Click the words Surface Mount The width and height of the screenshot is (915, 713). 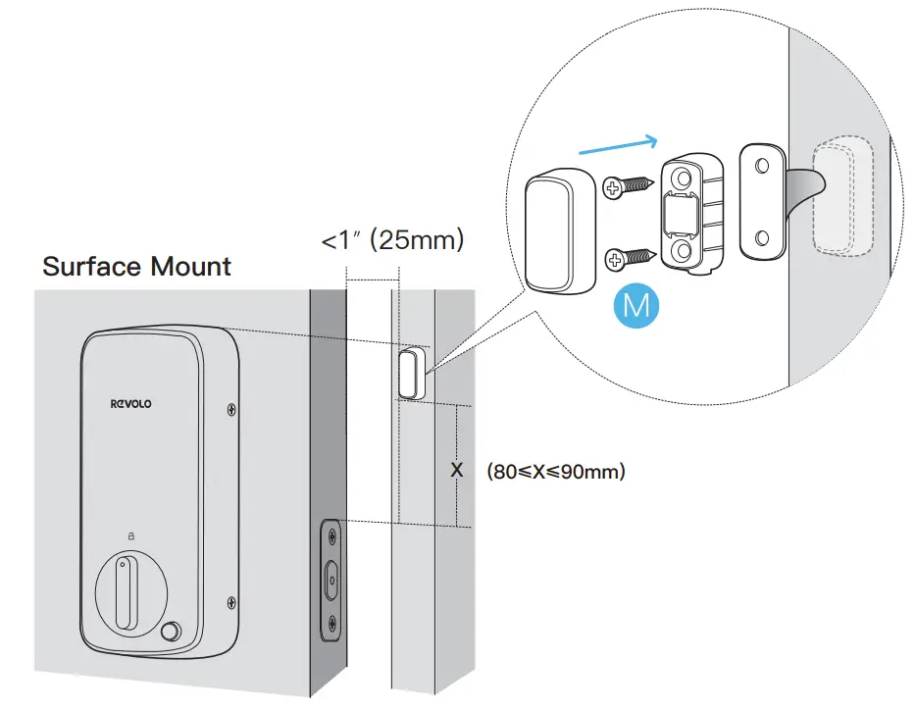click(137, 266)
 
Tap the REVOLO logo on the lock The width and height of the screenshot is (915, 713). click(131, 403)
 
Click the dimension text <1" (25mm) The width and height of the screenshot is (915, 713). click(392, 238)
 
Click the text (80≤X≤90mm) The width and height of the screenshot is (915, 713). click(555, 472)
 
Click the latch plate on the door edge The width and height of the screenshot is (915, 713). click(331, 580)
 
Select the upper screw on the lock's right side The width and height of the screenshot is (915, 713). click(229, 410)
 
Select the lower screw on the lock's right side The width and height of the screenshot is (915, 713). click(229, 601)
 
